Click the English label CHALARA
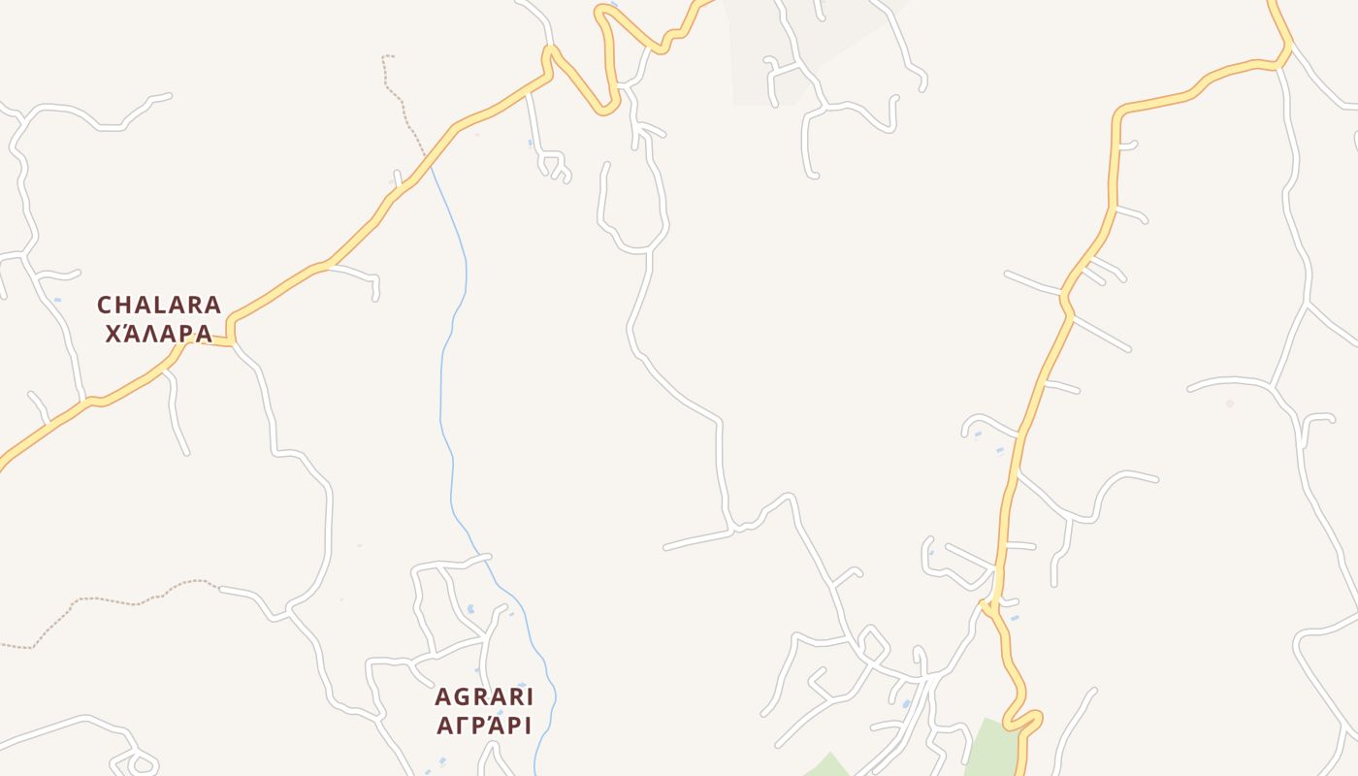pos(159,305)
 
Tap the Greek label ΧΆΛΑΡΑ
pos(159,334)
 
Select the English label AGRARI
pos(484,696)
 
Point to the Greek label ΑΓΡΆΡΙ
pos(484,726)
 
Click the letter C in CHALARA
pos(105,305)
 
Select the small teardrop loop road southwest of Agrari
pos(136,761)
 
